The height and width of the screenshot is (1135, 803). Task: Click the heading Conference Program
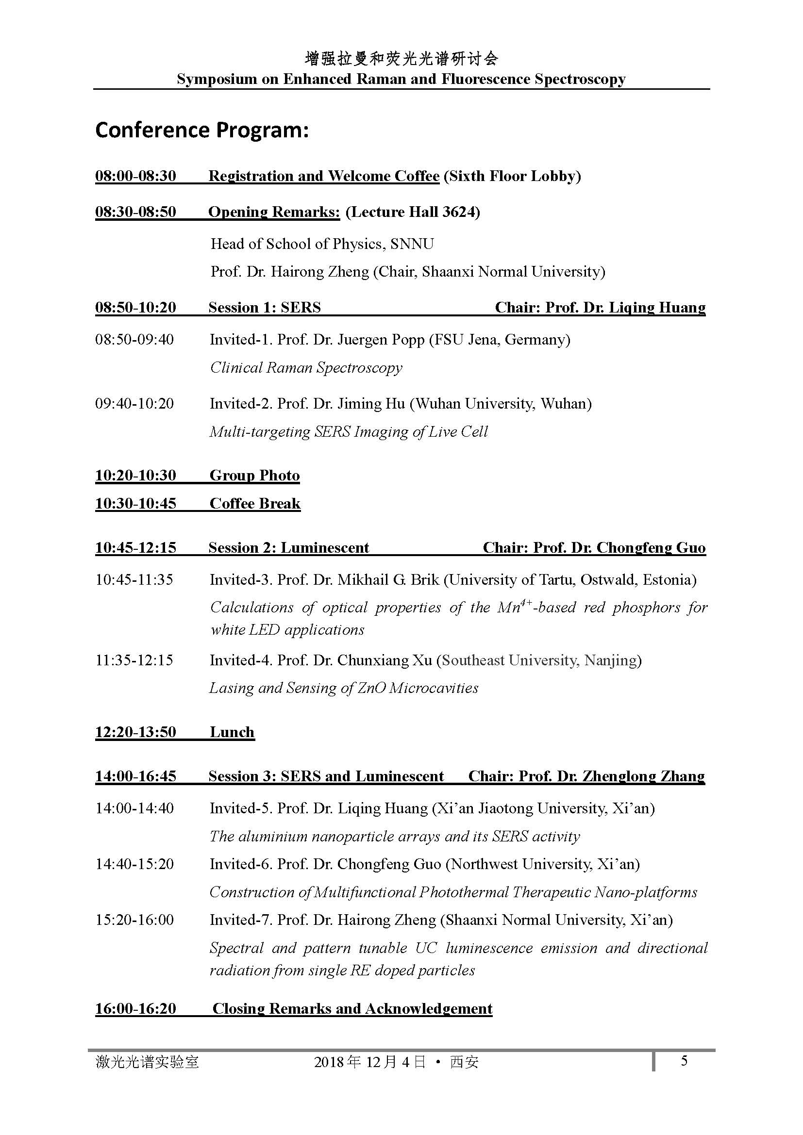(x=202, y=131)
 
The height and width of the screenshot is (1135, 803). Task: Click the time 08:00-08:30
(x=135, y=176)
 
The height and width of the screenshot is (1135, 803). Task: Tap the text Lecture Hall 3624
(x=413, y=212)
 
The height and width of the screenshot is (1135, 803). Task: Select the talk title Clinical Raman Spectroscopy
(x=306, y=368)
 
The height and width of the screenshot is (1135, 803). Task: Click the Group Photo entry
(x=255, y=475)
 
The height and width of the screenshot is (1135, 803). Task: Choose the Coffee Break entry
(x=255, y=503)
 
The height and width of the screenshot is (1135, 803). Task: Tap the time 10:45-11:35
(x=134, y=579)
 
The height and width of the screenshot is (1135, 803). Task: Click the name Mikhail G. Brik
(x=388, y=579)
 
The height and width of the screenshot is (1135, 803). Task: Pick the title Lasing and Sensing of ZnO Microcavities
(x=344, y=688)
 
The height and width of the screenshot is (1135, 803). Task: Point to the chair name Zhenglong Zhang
(x=643, y=776)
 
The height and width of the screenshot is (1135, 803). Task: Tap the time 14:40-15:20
(x=134, y=864)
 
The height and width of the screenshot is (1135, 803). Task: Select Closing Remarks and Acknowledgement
(x=352, y=1008)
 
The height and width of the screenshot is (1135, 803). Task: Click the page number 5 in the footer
(x=684, y=1061)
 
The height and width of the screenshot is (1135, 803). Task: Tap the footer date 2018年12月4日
(x=369, y=1062)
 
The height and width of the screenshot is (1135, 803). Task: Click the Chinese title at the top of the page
(x=401, y=59)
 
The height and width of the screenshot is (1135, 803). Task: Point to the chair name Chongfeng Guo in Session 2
(x=651, y=548)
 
